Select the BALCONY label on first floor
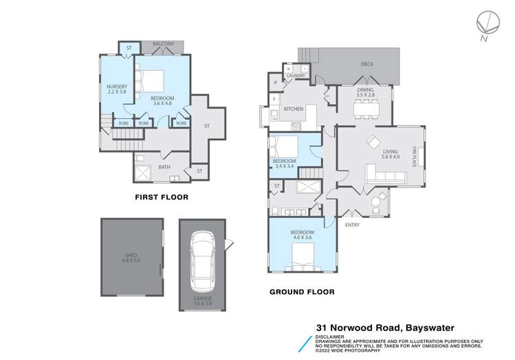(x=163, y=45)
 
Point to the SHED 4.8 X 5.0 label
(x=131, y=258)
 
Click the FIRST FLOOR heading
(x=162, y=197)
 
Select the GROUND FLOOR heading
(x=302, y=292)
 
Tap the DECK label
(x=367, y=65)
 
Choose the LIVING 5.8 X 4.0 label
(x=391, y=154)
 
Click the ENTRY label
(x=352, y=225)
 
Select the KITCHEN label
(x=294, y=109)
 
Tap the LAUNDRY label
(x=286, y=76)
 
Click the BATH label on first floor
(x=164, y=167)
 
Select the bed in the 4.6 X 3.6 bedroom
(x=302, y=258)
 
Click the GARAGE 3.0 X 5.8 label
(x=202, y=300)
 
